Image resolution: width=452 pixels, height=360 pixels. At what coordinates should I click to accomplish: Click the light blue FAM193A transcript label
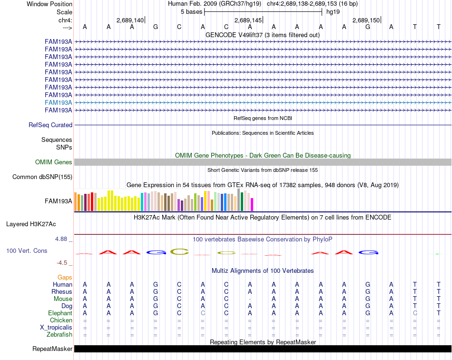coord(58,103)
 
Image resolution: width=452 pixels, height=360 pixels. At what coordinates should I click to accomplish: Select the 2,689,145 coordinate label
coord(248,20)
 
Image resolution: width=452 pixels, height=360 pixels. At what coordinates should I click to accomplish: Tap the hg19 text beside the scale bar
coord(333,12)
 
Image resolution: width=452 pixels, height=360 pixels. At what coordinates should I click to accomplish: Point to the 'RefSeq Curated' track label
coord(50,125)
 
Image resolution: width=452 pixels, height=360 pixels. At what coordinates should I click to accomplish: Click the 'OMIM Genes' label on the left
coord(54,162)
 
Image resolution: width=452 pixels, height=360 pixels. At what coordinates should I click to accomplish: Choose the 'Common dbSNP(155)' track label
coord(42,177)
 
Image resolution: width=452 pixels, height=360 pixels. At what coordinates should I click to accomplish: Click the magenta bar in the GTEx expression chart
coord(252,204)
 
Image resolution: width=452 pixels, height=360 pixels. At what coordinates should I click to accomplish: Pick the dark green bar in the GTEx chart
coord(242,201)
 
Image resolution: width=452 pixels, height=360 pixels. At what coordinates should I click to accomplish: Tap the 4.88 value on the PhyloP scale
coord(61,239)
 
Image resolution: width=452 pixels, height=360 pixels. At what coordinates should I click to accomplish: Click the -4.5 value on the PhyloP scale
coord(62,262)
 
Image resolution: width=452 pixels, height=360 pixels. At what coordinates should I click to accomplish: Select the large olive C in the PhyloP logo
coord(179,252)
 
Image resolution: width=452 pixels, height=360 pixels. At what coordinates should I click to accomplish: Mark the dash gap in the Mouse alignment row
coord(250,299)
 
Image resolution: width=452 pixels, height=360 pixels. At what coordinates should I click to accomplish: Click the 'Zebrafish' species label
coord(59,335)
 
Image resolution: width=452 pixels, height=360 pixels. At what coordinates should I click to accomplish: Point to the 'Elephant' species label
coord(60,313)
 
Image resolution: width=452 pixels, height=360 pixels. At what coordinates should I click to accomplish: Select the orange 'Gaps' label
coord(65,277)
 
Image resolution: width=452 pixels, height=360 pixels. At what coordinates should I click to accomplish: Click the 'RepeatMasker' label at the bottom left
coord(52,349)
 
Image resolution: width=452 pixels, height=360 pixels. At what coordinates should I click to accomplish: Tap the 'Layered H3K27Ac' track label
coord(31,224)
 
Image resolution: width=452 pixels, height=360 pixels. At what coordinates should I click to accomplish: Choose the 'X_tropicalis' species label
coord(56,328)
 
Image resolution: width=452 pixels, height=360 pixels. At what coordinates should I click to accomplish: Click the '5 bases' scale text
coord(191,12)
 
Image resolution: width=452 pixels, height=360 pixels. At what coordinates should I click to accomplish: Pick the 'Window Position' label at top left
coord(49,4)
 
